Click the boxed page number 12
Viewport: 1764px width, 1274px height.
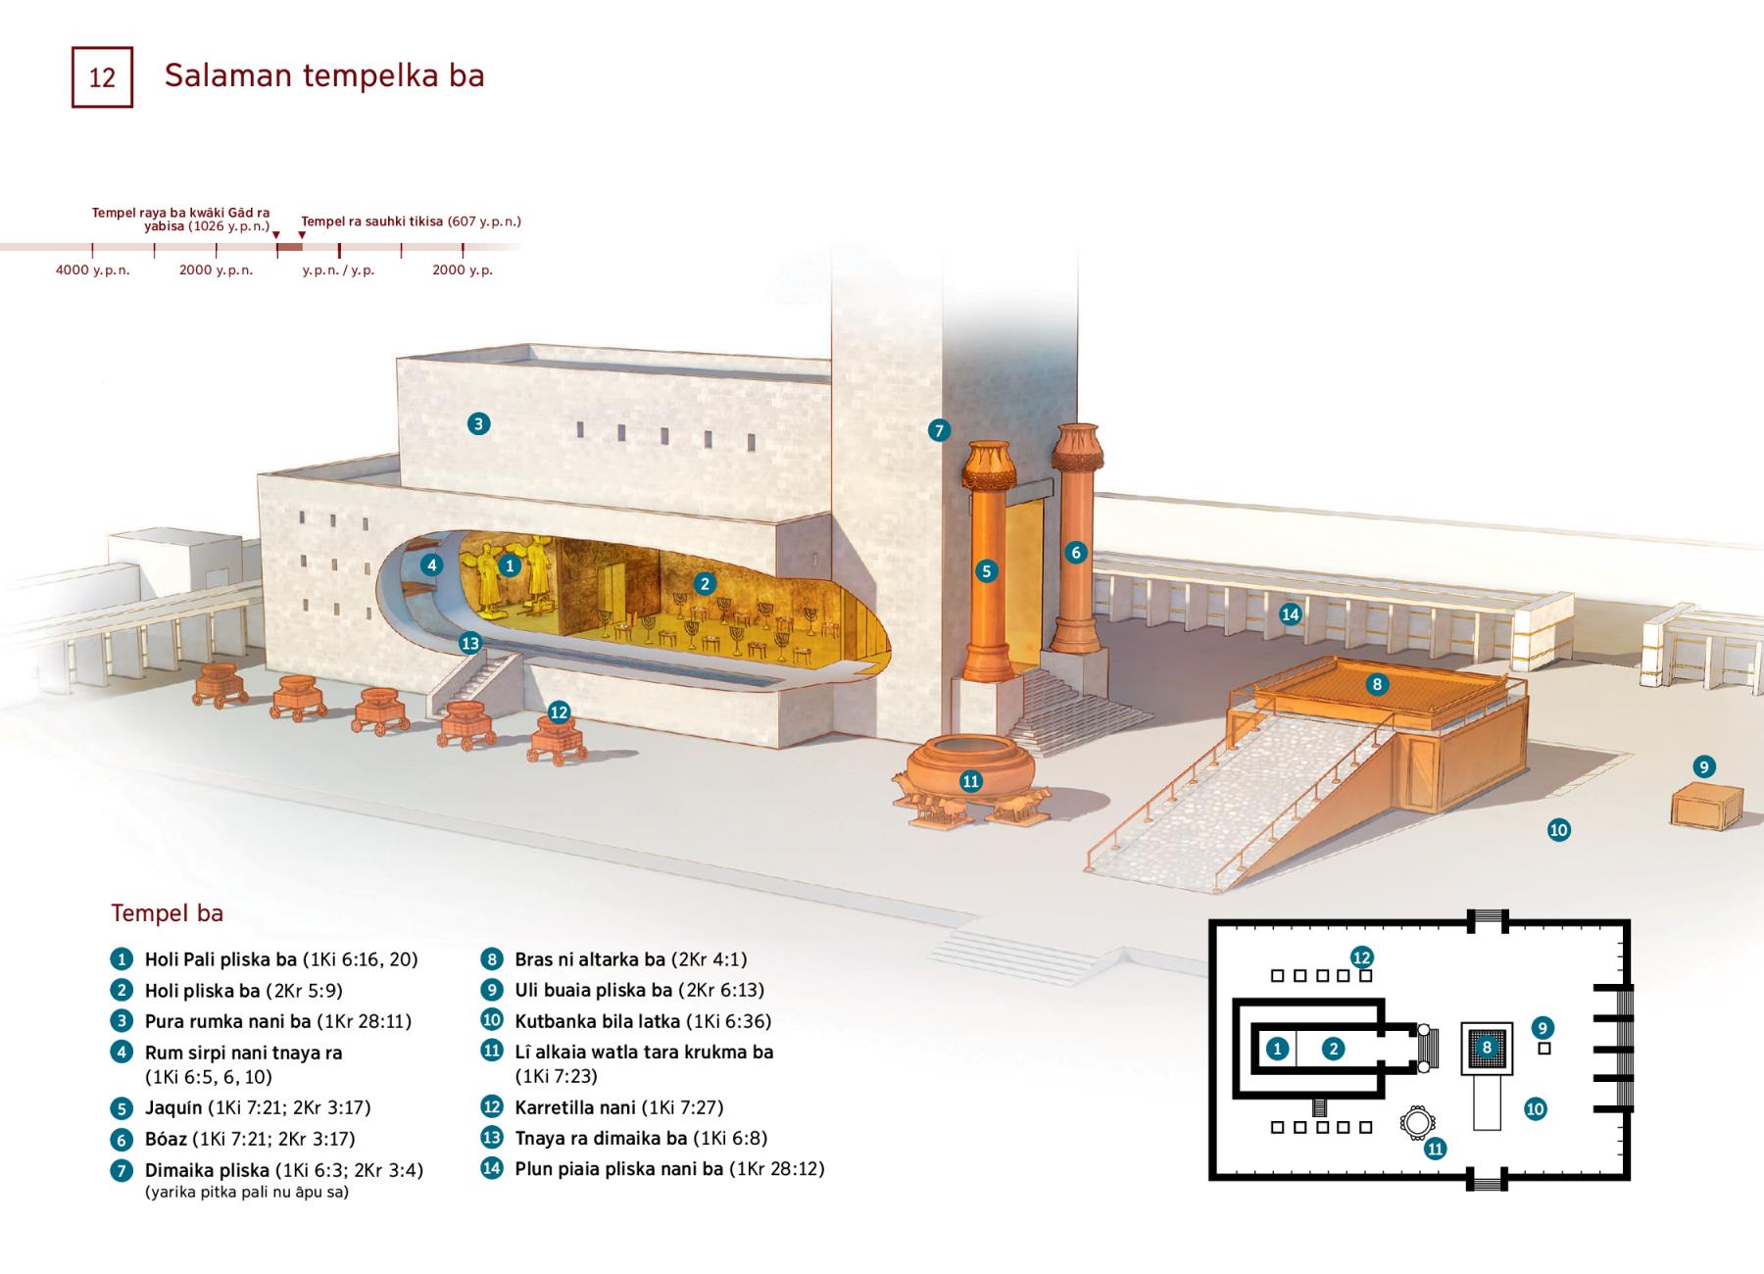coord(102,76)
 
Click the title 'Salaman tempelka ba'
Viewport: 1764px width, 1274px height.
coord(324,75)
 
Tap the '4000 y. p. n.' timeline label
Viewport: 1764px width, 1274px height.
coord(93,269)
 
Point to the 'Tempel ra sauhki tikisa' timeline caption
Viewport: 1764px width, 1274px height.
coord(373,221)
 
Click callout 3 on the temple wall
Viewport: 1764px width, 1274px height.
coord(478,423)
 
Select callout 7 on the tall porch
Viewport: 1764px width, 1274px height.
coord(939,429)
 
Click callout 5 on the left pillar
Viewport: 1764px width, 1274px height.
coord(986,570)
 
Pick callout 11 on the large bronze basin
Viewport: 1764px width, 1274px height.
coord(970,781)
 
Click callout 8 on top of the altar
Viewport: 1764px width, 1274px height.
coord(1377,684)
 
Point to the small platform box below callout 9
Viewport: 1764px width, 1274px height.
coord(1706,807)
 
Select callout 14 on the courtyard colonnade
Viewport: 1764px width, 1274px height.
coord(1290,614)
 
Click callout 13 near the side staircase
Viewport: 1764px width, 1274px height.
coord(470,643)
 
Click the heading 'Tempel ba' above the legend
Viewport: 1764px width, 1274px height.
coord(168,913)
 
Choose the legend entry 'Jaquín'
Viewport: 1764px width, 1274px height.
coord(173,1108)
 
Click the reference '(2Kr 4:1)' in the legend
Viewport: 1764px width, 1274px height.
coord(710,959)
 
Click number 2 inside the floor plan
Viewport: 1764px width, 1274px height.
coord(1333,1049)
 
